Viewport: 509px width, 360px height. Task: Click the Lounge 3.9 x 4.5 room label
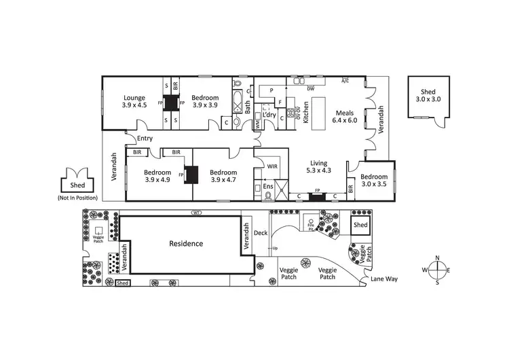pos(134,101)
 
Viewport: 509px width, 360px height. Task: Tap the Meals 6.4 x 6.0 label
pos(344,116)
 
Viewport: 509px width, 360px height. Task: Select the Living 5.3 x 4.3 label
pos(319,166)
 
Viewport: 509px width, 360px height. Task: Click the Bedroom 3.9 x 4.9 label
pos(157,176)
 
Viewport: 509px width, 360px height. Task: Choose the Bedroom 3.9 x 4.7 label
pos(223,176)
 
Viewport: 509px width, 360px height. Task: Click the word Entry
pos(144,139)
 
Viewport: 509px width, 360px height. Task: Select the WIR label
pos(273,166)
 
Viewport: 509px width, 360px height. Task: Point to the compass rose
pos(438,270)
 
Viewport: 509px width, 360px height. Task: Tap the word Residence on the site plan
pos(186,243)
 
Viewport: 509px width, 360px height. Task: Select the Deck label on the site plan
pos(261,233)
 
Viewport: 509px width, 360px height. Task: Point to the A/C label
pos(345,80)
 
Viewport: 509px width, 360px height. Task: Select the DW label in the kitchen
pos(310,88)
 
